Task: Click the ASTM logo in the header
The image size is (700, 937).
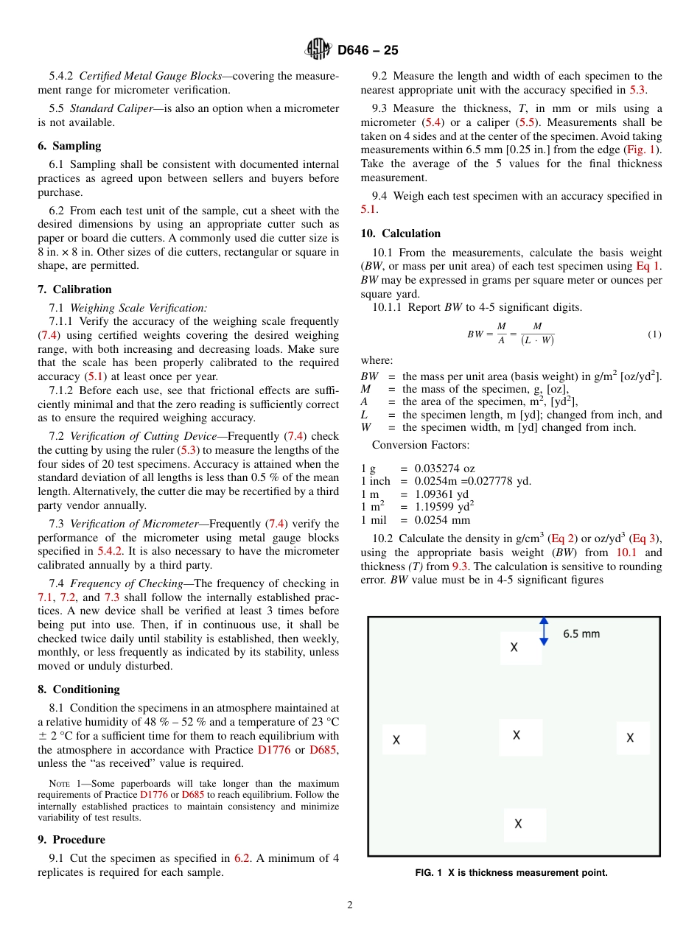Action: coord(318,50)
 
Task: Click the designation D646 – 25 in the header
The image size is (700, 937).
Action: coord(368,51)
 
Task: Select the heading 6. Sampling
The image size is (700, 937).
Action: coord(69,146)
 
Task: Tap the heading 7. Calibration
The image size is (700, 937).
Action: coord(74,289)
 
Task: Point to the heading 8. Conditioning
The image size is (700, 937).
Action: coord(78,689)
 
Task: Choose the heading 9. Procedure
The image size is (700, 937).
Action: coord(71,840)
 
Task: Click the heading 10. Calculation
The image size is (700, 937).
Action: coord(400,234)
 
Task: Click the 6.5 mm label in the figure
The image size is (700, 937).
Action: coord(581,634)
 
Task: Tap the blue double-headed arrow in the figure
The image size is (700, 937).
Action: coord(544,631)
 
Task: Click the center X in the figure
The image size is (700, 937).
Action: coord(517,735)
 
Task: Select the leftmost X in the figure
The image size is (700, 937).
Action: coord(396,740)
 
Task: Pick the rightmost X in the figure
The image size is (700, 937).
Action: coord(630,737)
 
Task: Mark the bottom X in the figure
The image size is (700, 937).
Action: coord(518,824)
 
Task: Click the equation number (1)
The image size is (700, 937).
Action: coord(654,334)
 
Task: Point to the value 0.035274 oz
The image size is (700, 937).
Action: coord(444,468)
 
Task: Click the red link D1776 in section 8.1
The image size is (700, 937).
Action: coord(274,750)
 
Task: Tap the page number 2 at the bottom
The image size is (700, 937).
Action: coord(350,905)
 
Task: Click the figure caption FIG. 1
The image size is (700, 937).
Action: coord(511,873)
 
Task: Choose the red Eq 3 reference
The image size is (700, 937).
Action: coord(646,539)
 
